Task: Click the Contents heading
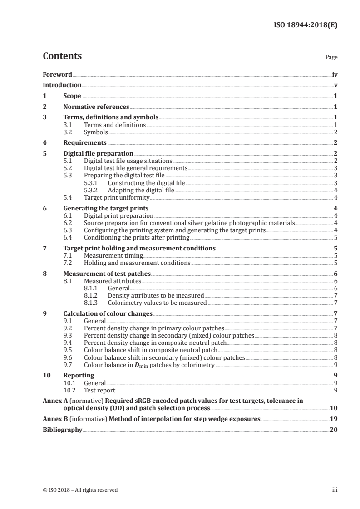click(x=62, y=56)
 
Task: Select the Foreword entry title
click(x=57, y=74)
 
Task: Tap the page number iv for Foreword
click(x=335, y=74)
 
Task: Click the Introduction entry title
click(x=62, y=85)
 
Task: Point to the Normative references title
click(x=96, y=107)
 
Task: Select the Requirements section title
click(x=85, y=142)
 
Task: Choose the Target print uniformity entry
click(x=117, y=197)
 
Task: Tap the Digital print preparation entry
click(x=119, y=215)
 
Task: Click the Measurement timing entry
click(x=113, y=255)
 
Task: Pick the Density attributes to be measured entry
click(x=156, y=295)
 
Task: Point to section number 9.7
click(x=68, y=364)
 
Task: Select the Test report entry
click(x=100, y=390)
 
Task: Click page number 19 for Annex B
click(x=334, y=419)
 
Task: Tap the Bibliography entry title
click(x=62, y=430)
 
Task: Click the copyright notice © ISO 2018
click(x=80, y=489)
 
